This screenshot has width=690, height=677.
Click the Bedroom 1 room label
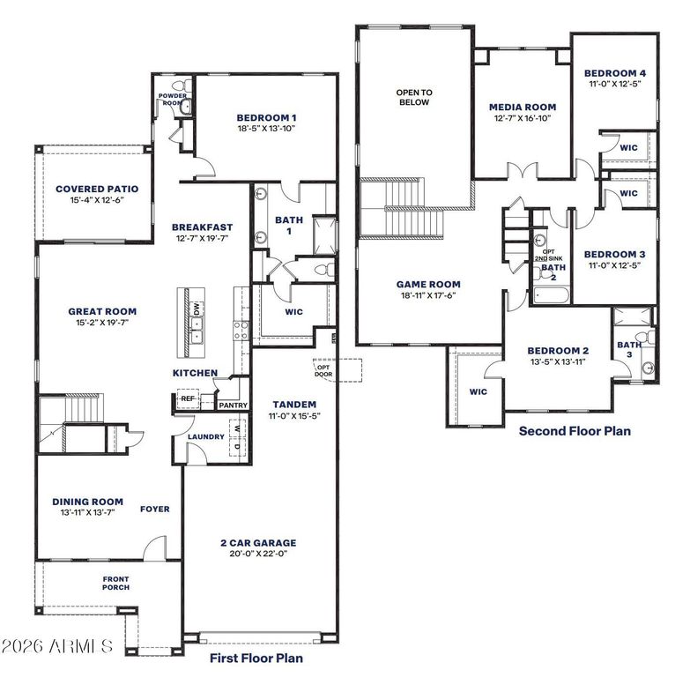(266, 117)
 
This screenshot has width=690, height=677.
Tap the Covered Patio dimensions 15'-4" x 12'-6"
(97, 200)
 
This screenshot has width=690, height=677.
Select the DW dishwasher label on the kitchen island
(197, 309)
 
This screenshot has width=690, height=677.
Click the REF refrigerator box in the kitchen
(188, 398)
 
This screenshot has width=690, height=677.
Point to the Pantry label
(234, 405)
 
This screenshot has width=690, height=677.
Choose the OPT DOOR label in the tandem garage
(323, 370)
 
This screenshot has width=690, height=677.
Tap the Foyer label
(155, 509)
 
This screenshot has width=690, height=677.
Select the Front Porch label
(115, 584)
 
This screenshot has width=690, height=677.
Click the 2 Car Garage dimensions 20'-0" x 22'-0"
(258, 554)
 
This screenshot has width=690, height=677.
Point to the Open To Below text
(414, 97)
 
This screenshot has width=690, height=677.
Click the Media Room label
(523, 107)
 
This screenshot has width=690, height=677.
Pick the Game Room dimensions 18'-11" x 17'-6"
(428, 295)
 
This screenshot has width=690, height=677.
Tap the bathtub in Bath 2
(552, 295)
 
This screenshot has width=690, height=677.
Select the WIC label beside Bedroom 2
(479, 391)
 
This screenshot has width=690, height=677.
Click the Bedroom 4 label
(615, 73)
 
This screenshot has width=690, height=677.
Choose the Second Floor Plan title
(575, 430)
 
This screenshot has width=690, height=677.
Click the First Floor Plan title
(256, 658)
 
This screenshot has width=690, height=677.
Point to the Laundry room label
(206, 436)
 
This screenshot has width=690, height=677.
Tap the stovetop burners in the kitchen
(241, 331)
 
